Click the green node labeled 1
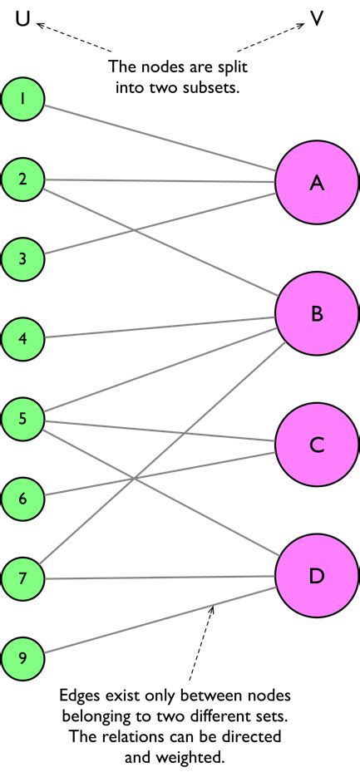(x=22, y=99)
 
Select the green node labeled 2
(x=22, y=178)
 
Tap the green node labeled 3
(x=22, y=258)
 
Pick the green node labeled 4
(x=22, y=337)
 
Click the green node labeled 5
(x=22, y=417)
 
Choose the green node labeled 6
(x=22, y=498)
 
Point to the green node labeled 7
(x=22, y=578)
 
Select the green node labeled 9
(x=22, y=657)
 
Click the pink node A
(x=316, y=184)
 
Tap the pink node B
(x=316, y=314)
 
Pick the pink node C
(x=316, y=445)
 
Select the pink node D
(x=316, y=576)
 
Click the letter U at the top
(x=23, y=17)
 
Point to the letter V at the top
(x=317, y=18)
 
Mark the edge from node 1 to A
(x=158, y=139)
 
